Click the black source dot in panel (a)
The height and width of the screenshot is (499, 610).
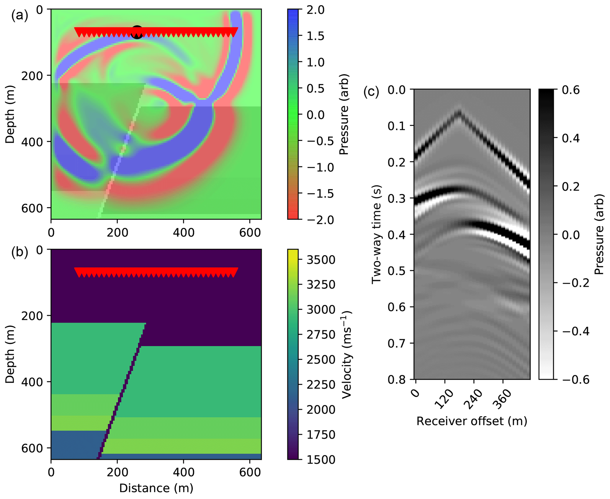137,32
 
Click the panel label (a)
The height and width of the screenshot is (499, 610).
19,15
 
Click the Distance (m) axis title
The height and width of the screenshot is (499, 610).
156,488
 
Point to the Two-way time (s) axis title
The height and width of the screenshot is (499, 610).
376,234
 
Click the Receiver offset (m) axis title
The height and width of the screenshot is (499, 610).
472,421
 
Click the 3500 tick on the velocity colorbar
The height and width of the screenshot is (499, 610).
321,260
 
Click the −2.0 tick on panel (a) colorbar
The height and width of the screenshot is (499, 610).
320,220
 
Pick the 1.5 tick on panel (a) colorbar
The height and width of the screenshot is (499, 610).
315,36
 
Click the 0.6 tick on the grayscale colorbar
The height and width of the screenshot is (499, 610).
571,90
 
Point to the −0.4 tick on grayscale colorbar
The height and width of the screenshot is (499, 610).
576,331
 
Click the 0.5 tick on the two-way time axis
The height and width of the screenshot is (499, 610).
396,271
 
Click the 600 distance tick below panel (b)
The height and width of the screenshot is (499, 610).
250,472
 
